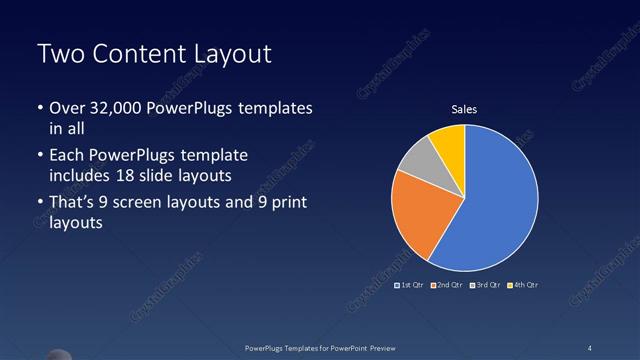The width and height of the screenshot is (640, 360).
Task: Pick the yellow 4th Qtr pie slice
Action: click(x=450, y=145)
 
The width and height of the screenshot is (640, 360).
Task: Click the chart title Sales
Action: click(x=464, y=109)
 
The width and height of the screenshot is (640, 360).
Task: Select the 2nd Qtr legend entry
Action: click(x=449, y=286)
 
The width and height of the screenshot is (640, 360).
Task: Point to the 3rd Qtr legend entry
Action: click(x=486, y=286)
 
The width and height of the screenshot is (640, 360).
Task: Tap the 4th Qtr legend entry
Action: click(x=524, y=286)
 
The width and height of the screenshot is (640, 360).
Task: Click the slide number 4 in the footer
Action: click(x=589, y=348)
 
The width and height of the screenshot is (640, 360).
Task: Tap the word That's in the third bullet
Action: click(x=73, y=203)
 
